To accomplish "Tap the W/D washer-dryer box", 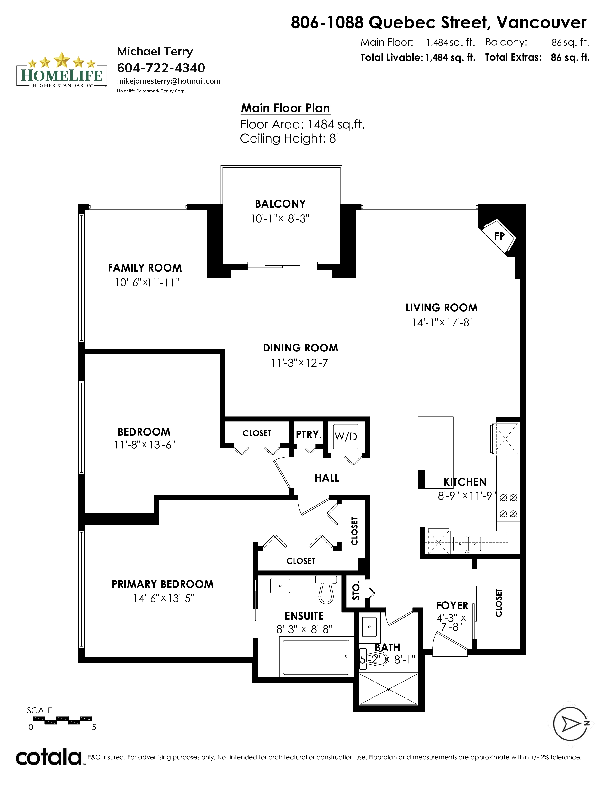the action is click(x=346, y=436).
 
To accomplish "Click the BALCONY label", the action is click(x=280, y=204).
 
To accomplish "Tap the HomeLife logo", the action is click(x=62, y=70).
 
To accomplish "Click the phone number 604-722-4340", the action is click(x=161, y=68).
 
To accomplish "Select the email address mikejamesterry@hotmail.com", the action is click(x=168, y=81).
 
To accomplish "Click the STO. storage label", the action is click(x=356, y=592).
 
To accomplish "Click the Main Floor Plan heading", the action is click(x=285, y=108).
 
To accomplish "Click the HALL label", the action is click(x=327, y=478).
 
